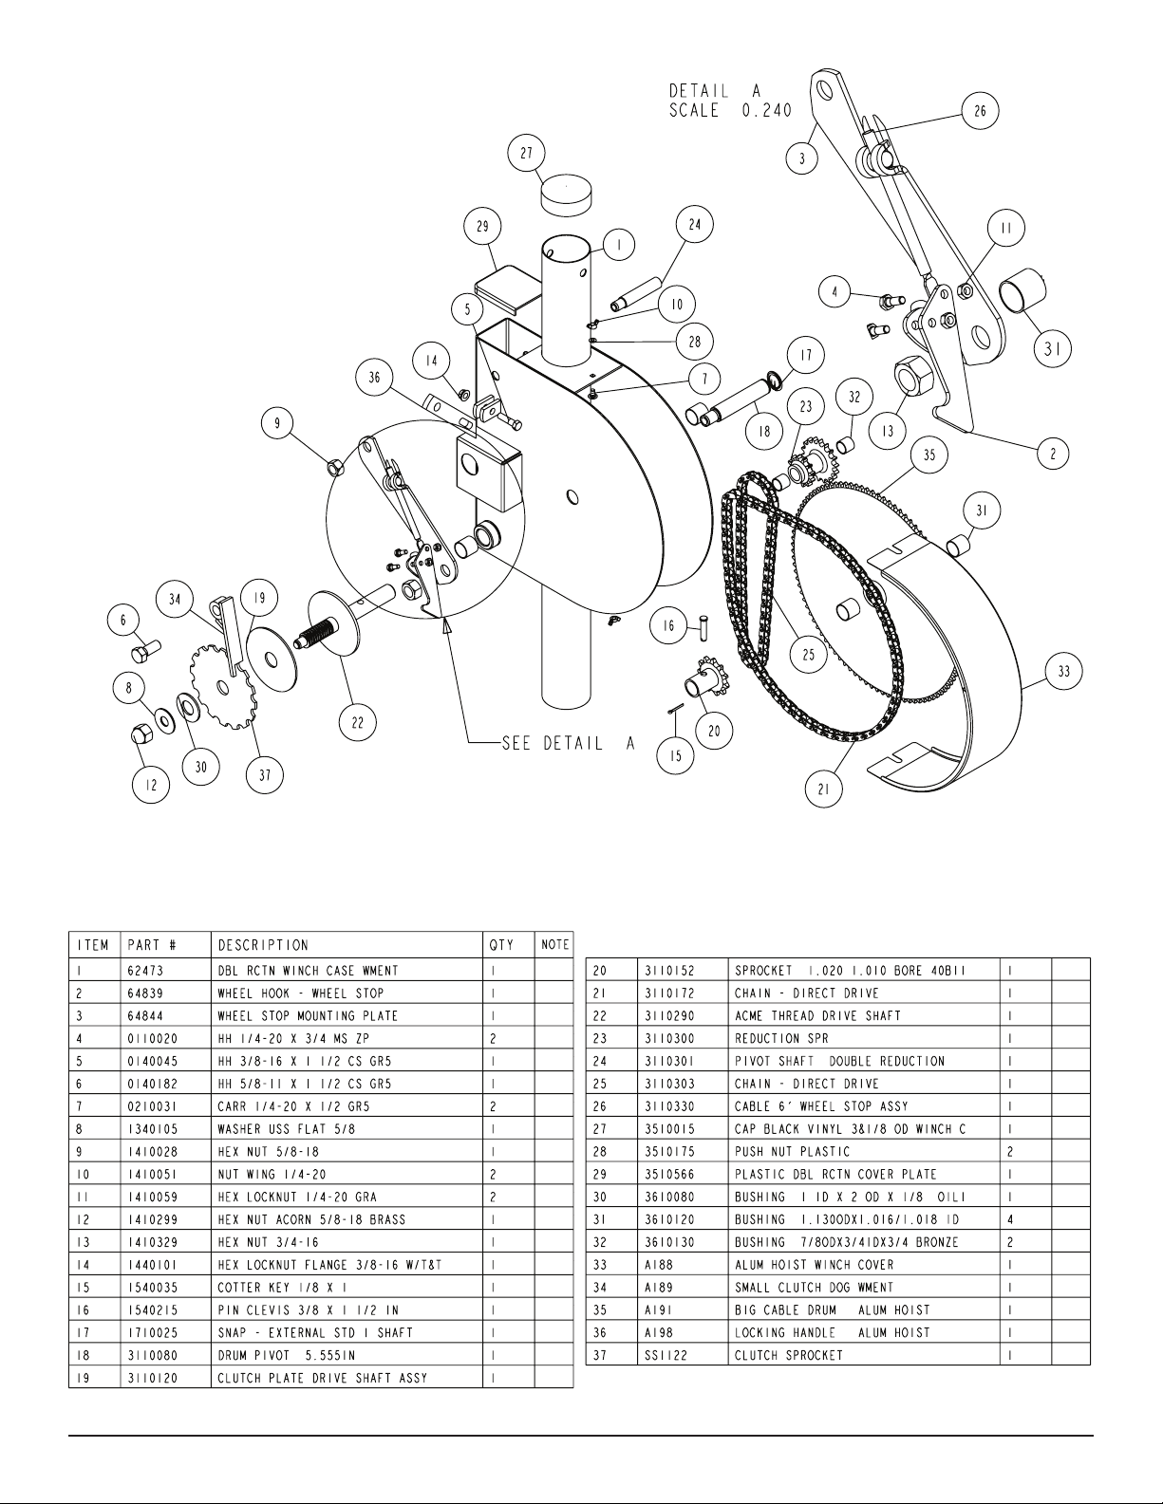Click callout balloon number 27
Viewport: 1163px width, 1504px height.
[527, 153]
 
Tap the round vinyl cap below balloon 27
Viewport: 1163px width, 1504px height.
[566, 195]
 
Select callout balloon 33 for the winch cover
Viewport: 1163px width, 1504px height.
[1064, 671]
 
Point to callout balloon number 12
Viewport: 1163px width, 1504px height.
[151, 785]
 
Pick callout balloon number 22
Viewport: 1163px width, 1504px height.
[357, 723]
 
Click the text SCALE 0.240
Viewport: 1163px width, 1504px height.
[730, 111]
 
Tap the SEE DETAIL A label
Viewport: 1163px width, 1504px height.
[569, 743]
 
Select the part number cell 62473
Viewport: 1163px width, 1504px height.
[145, 971]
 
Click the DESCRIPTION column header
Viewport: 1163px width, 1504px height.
[263, 945]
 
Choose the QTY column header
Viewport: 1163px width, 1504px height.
[502, 945]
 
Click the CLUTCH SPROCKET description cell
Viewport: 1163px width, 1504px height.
[789, 1355]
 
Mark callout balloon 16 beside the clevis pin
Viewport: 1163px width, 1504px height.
[668, 626]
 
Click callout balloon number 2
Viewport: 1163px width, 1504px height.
[1054, 454]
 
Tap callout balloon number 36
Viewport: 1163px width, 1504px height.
[374, 378]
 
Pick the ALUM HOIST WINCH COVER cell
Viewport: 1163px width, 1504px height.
[815, 1265]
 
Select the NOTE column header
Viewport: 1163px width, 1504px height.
[554, 945]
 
